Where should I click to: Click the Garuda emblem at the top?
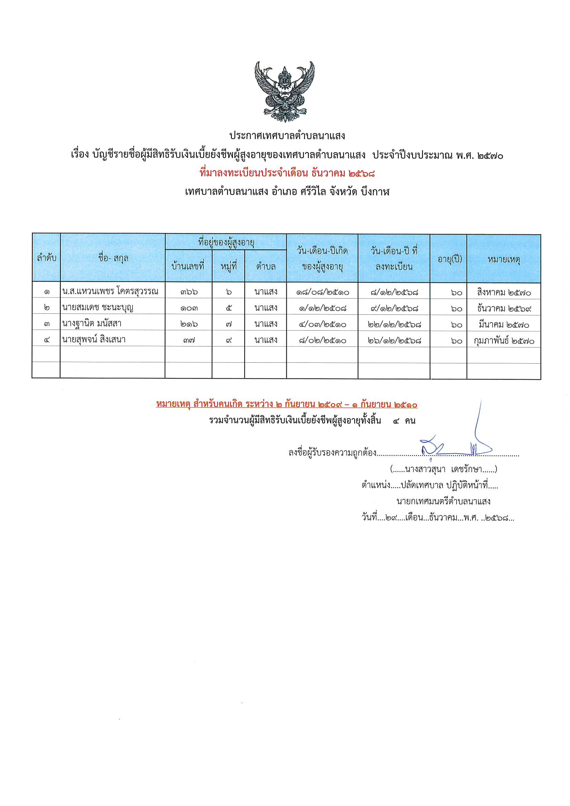[x=285, y=92]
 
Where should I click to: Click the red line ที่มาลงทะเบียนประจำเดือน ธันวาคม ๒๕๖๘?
[x=287, y=173]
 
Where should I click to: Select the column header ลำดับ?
[x=46, y=258]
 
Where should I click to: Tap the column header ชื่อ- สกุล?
[x=113, y=258]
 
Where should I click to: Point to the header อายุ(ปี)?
[x=449, y=259]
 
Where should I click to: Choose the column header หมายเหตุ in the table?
[x=504, y=259]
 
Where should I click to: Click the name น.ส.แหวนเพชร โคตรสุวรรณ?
[x=110, y=291]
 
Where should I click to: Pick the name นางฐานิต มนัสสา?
[x=92, y=323]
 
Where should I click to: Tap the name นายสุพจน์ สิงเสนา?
[x=94, y=340]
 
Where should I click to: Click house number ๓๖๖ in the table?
[x=189, y=292]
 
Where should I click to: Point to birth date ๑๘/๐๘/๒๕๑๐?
[x=322, y=292]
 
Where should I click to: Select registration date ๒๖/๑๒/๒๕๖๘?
[x=394, y=340]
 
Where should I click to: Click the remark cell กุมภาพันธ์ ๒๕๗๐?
[x=504, y=341]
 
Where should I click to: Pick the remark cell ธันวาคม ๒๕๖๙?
[x=504, y=308]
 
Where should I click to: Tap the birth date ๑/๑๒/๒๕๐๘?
[x=322, y=308]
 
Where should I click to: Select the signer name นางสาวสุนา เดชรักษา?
[x=444, y=469]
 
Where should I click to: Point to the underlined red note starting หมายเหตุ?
[x=287, y=404]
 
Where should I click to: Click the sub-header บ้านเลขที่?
[x=188, y=266]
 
